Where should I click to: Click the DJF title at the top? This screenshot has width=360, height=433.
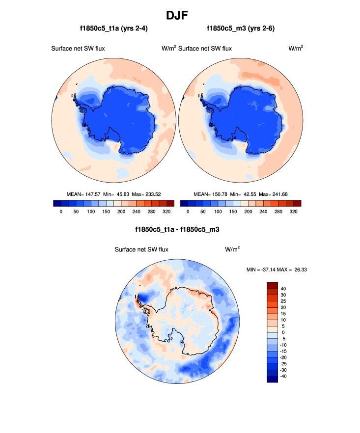(180, 15)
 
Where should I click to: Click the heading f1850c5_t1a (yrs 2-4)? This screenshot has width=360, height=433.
(114, 28)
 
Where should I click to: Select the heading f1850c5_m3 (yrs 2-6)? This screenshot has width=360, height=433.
(241, 28)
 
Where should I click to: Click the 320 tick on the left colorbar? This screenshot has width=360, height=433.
(166, 212)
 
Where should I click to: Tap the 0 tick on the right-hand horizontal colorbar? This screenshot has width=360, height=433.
(188, 212)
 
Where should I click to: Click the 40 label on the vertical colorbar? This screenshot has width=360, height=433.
(283, 289)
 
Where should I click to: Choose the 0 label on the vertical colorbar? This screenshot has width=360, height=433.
(284, 332)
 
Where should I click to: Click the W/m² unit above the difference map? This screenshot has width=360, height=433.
(232, 249)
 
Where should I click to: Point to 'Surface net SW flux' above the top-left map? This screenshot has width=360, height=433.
(78, 48)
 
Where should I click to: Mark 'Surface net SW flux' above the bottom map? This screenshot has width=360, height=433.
(141, 249)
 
